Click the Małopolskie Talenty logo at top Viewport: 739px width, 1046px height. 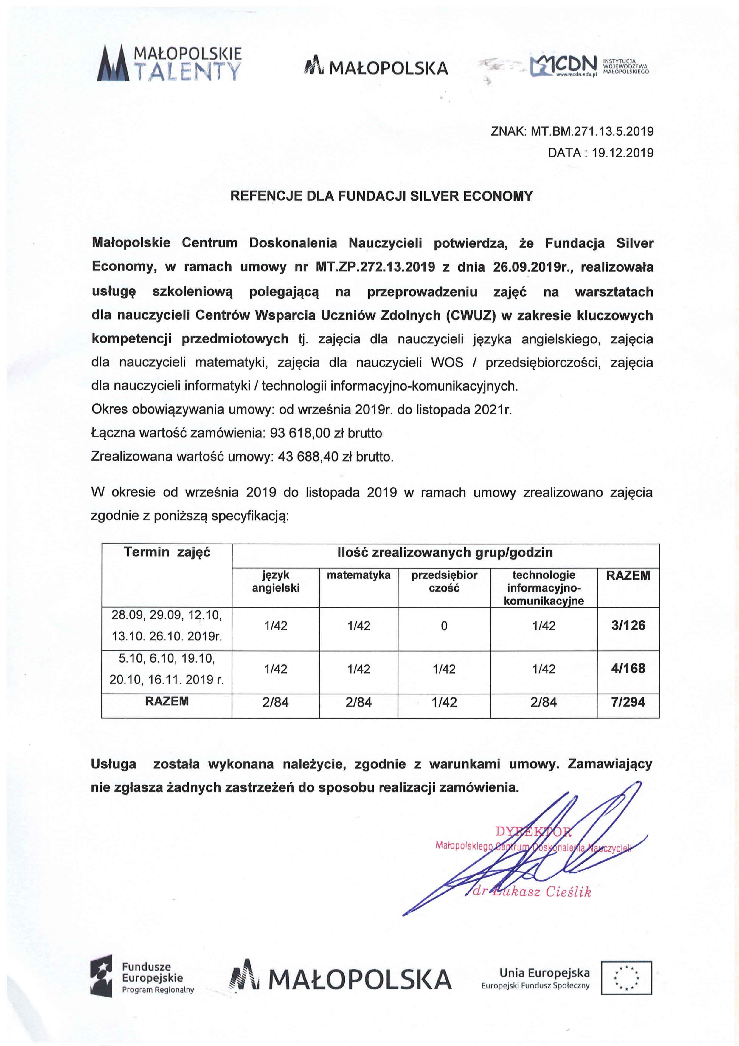point(169,63)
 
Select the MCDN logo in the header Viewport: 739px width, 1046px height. point(590,66)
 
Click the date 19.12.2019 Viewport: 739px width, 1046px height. point(622,153)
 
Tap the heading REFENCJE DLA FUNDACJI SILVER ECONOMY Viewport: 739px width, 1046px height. point(381,196)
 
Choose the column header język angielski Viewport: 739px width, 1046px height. point(275,581)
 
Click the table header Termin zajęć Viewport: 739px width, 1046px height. point(167,552)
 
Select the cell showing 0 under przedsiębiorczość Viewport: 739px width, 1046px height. point(444,626)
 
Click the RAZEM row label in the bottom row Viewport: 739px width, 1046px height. point(167,702)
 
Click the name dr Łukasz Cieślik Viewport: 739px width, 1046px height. point(532,892)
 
